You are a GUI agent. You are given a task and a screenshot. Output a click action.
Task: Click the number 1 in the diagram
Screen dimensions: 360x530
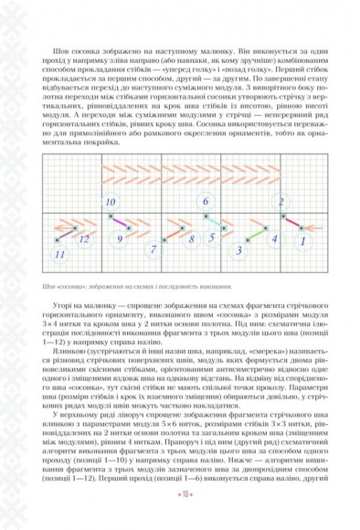302,241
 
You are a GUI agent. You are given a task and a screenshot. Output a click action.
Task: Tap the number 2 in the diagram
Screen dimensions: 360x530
281,202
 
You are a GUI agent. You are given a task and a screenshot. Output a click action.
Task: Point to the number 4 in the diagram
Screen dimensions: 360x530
274,238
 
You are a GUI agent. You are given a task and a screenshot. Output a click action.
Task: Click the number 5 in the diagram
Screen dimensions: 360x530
211,238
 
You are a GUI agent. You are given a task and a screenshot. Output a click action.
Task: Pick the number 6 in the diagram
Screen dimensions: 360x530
206,201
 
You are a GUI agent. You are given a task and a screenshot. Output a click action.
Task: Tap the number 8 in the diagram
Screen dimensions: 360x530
191,239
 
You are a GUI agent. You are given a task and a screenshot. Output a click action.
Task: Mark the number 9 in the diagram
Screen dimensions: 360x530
119,239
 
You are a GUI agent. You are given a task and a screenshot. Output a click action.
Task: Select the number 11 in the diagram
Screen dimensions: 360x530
60,253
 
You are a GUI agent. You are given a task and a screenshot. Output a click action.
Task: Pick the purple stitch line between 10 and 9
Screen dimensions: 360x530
116,220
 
